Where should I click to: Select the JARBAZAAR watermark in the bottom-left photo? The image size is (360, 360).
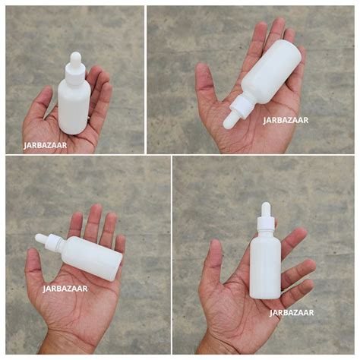(x=65, y=288)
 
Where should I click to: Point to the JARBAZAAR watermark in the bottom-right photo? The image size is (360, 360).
(x=292, y=311)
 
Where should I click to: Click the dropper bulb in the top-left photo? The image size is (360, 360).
(x=74, y=58)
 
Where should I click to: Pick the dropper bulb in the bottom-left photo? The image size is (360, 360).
(x=41, y=238)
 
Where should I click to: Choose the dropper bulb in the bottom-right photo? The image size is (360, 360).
(x=266, y=209)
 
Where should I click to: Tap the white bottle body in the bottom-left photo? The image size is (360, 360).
(x=93, y=257)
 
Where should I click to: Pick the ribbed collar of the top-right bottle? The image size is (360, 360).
(x=244, y=106)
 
